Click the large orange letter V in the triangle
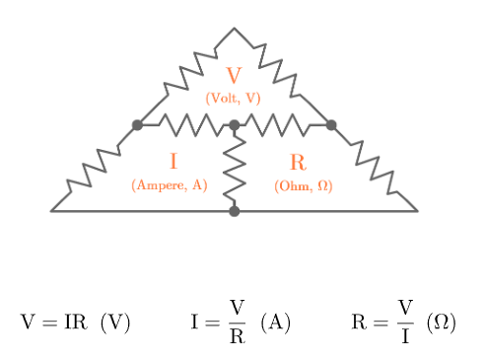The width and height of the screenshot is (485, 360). point(234,76)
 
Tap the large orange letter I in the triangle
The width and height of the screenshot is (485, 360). point(173,162)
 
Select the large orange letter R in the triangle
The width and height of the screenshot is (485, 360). point(299,163)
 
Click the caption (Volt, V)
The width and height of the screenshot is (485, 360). point(234,98)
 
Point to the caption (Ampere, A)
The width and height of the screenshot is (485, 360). point(170,184)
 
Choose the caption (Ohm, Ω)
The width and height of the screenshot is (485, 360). point(304,185)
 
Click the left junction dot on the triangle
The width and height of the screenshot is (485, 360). point(137,124)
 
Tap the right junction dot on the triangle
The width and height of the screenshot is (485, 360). point(331,124)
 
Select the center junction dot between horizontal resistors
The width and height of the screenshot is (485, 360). point(234,125)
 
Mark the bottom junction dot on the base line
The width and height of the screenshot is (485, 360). point(234,210)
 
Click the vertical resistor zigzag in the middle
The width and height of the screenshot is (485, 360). point(234,168)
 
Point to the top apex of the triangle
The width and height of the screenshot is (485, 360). point(234,29)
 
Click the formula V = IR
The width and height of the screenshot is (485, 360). point(55,323)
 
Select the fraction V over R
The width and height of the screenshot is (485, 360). point(237,323)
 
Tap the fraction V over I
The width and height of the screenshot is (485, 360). point(405,323)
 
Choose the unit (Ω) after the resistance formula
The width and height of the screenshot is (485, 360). point(441,323)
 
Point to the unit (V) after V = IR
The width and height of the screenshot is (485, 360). point(114,323)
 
